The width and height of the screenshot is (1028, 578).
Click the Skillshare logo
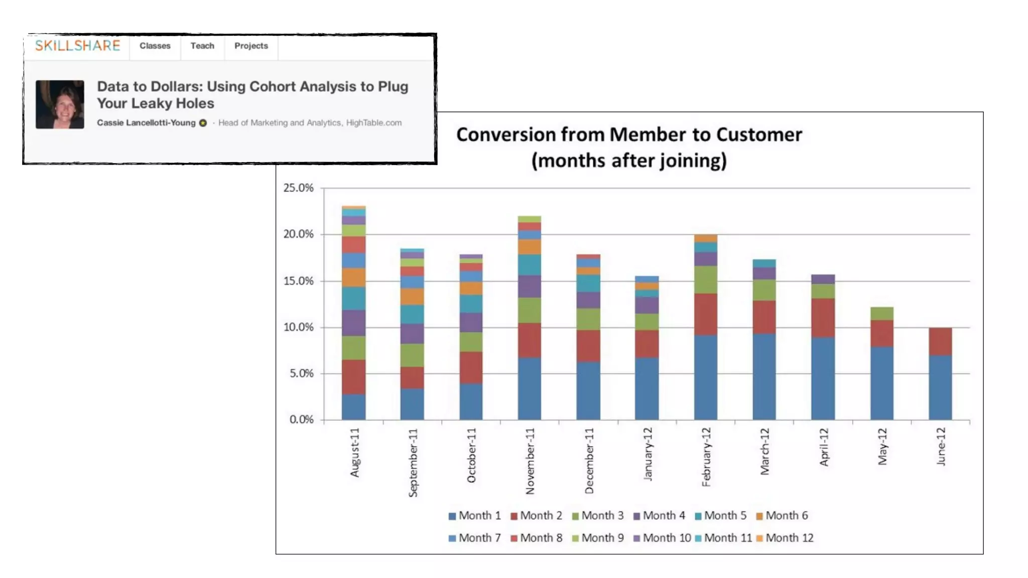point(77,46)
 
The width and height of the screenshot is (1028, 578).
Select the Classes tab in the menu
point(155,46)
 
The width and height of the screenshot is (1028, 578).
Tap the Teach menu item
point(202,46)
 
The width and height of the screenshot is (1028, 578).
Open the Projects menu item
point(251,46)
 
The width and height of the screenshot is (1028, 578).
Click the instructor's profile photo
point(60,104)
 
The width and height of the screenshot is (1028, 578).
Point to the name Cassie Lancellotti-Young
point(146,123)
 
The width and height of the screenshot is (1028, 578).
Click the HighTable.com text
point(373,123)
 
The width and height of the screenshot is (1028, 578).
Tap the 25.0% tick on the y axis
point(298,188)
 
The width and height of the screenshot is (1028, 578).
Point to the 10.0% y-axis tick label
point(298,327)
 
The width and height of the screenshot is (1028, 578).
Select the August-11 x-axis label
point(355,452)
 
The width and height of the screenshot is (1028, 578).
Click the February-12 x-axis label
point(706,457)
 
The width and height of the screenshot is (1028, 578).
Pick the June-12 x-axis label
point(941,447)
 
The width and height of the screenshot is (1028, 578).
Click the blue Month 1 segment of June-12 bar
point(940,387)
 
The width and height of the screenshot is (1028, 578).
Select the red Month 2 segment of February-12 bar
point(706,315)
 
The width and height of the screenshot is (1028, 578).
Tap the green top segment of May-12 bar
point(881,314)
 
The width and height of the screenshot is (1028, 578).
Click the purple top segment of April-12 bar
point(823,279)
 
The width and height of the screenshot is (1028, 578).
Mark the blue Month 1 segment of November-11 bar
point(530,388)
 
